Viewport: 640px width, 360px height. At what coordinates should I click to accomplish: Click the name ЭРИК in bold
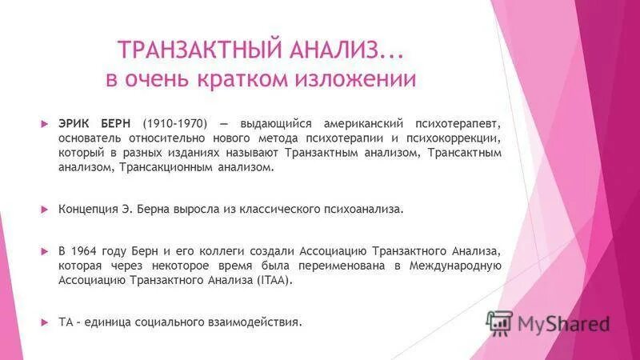click(74, 124)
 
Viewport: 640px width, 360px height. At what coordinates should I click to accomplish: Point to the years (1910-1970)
click(175, 124)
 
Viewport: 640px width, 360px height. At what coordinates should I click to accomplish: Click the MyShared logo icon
click(499, 322)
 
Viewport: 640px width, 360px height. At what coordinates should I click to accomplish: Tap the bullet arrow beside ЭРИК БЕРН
click(45, 124)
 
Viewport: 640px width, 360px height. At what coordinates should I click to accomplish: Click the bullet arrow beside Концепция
click(45, 209)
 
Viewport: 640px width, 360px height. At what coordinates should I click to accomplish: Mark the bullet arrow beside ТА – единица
click(45, 322)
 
